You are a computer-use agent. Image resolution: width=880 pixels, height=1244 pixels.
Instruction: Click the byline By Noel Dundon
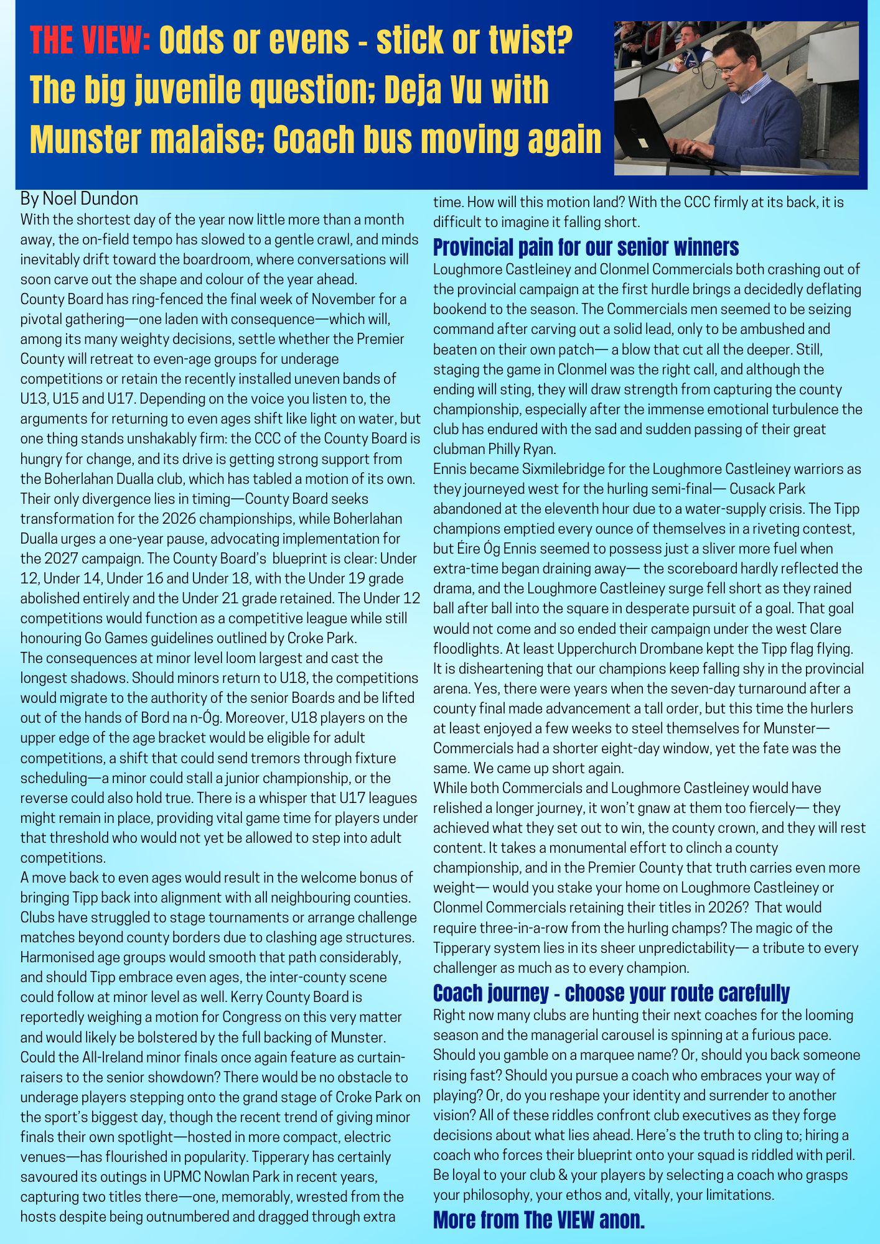pyautogui.click(x=79, y=199)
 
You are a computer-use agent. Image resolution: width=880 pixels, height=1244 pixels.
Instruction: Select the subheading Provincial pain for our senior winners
pyautogui.click(x=586, y=247)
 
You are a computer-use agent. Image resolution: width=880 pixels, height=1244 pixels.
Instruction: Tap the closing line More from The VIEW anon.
pyautogui.click(x=538, y=1220)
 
